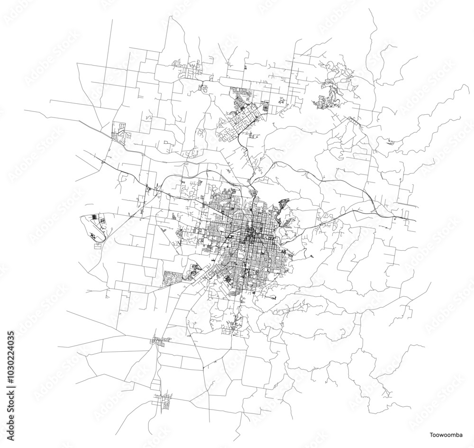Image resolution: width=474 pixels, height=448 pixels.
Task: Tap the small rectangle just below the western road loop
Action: pos(99,247)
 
